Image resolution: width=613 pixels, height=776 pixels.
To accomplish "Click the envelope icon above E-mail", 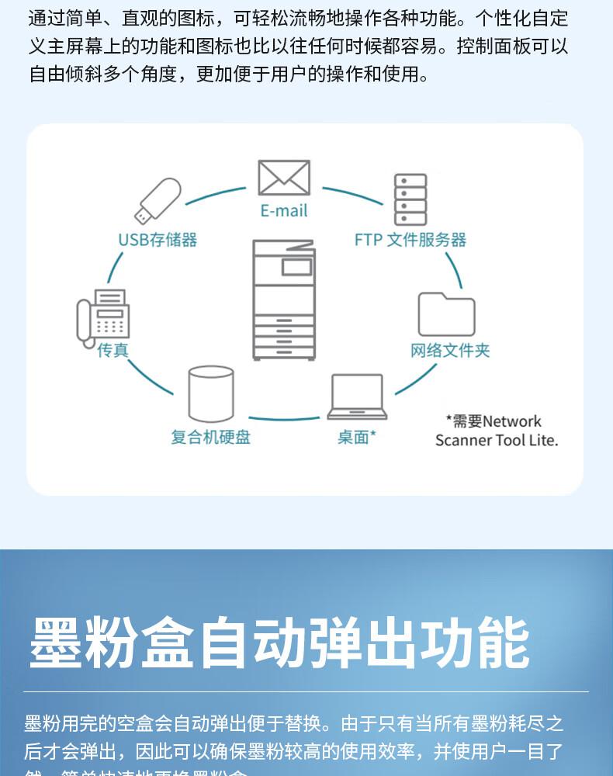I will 284,178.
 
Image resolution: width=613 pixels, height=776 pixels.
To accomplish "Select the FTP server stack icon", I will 410,199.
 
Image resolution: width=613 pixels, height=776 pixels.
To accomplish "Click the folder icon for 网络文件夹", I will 446,314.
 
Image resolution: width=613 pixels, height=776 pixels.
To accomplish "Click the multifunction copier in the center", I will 284,300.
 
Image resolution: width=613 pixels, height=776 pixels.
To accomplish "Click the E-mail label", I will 284,211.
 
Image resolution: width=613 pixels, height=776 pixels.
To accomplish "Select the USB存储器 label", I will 158,240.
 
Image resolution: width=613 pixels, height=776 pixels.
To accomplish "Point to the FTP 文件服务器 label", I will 410,240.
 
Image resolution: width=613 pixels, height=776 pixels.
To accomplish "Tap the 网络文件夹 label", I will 450,351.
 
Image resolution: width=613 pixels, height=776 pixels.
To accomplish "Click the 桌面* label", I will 356,438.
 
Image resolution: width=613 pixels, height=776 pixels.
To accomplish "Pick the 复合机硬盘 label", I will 211,438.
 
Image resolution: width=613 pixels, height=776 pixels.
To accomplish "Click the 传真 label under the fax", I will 113,351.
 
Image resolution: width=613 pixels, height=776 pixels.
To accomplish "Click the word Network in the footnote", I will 512,421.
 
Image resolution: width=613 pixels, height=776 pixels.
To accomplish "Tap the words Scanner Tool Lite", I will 496,441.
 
